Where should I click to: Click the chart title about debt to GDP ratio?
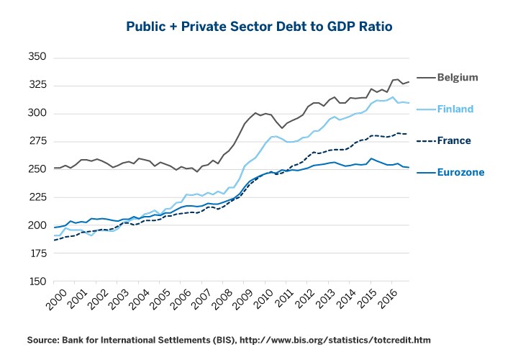click(259, 27)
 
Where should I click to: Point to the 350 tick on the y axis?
click(37, 57)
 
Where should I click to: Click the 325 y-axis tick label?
click(37, 85)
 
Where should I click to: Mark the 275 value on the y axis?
click(37, 141)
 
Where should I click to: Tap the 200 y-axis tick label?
click(37, 225)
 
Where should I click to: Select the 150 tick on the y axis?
click(37, 282)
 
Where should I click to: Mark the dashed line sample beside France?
click(427, 140)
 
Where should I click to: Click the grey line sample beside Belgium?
click(427, 77)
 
